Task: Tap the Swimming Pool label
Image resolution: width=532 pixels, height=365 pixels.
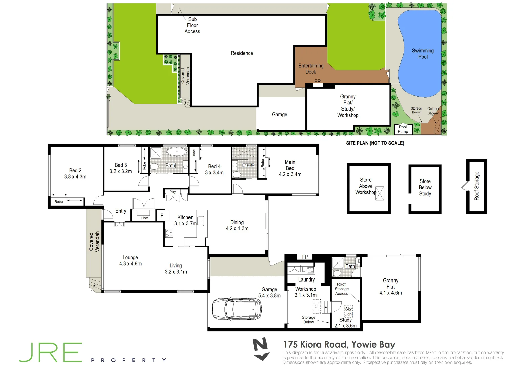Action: click(423, 54)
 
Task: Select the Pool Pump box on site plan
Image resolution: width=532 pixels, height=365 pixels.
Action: click(403, 129)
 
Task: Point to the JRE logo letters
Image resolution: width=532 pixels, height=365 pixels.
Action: click(51, 352)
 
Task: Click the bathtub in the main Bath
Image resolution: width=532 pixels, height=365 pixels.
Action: click(177, 152)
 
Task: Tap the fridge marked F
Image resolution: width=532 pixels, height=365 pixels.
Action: click(162, 215)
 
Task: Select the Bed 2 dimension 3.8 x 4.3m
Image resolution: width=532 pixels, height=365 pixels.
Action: click(75, 177)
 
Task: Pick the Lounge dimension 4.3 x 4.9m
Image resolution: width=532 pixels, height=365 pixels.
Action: click(130, 264)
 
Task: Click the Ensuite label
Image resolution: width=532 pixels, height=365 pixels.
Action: click(248, 165)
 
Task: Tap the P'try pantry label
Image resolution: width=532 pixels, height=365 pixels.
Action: click(173, 192)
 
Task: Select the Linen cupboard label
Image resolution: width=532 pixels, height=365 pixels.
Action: click(145, 218)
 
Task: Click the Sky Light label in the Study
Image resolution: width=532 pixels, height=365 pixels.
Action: click(348, 311)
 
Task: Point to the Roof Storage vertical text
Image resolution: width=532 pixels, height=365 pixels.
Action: click(477, 186)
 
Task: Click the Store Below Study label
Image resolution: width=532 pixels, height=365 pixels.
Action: click(425, 188)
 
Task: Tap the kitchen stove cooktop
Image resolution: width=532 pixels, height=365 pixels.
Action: click(169, 233)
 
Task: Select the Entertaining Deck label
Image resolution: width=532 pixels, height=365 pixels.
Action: click(311, 69)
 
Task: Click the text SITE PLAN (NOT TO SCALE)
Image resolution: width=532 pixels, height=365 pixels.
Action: click(375, 143)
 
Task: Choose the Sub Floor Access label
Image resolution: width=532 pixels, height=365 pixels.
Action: click(192, 25)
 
